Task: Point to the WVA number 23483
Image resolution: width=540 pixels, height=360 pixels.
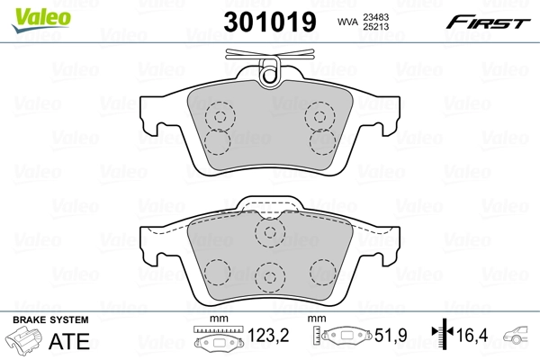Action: pyautogui.click(x=388, y=15)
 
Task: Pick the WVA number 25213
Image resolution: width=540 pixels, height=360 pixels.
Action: pyautogui.click(x=388, y=27)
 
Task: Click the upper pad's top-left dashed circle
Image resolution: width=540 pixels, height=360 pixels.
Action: pyautogui.click(x=218, y=115)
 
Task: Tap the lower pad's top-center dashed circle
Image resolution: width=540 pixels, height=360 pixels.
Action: pyautogui.click(x=268, y=233)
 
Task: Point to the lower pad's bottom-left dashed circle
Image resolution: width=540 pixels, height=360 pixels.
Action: pyautogui.click(x=216, y=272)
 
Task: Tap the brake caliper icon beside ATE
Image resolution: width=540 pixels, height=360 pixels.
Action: pyautogui.click(x=27, y=342)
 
